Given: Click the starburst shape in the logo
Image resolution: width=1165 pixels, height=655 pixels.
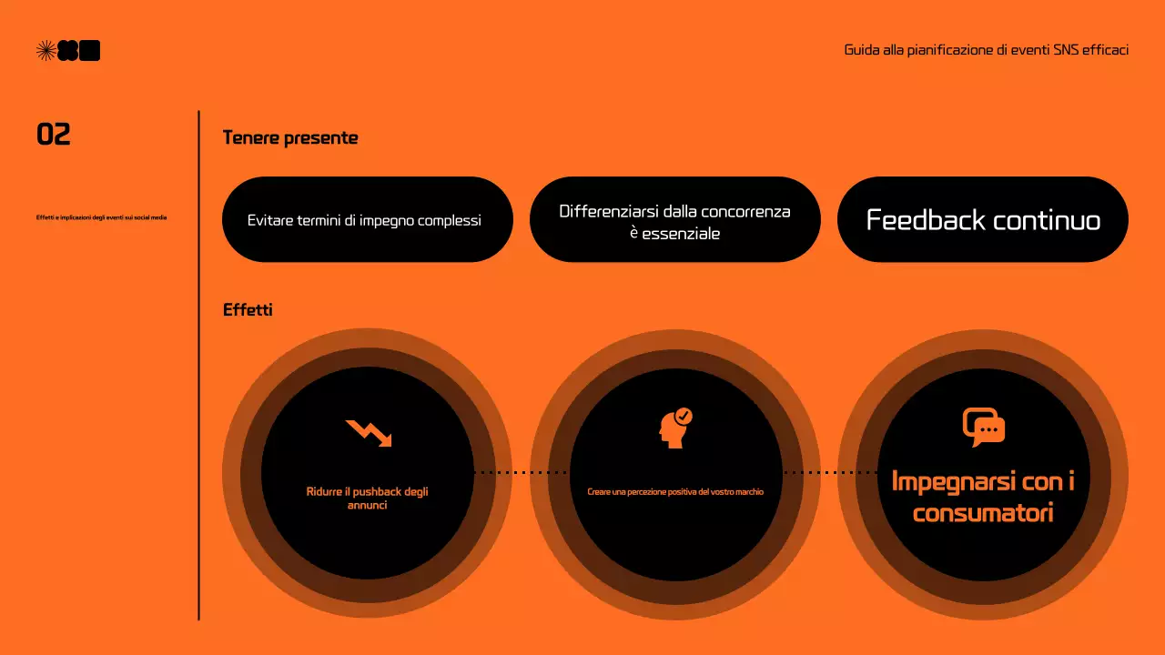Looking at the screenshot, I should click(x=46, y=51).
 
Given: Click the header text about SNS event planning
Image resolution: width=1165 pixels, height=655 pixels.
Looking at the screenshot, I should click(x=987, y=50).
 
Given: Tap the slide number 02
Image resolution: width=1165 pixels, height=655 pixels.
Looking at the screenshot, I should click(x=54, y=135).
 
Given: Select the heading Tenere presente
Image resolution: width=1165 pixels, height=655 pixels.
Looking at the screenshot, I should click(x=290, y=138).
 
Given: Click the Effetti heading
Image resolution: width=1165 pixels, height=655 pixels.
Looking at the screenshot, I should click(x=248, y=310).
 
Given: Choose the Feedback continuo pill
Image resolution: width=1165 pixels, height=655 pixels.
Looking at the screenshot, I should click(x=982, y=220).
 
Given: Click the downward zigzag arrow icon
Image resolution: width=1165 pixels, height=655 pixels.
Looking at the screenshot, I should click(x=369, y=433).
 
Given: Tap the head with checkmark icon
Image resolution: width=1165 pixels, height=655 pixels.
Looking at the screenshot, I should click(x=675, y=428).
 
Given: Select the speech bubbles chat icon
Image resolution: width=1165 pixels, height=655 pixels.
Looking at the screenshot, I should click(x=983, y=427).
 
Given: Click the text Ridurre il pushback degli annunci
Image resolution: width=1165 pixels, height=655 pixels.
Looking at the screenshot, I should click(x=367, y=498).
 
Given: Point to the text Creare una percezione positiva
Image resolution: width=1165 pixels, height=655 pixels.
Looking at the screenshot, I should click(x=675, y=492).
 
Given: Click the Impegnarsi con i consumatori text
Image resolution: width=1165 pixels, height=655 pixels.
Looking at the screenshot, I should click(x=983, y=497).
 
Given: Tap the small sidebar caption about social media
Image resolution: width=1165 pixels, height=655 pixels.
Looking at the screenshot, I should click(x=101, y=217).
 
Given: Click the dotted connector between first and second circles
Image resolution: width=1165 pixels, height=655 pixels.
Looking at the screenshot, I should click(x=521, y=473).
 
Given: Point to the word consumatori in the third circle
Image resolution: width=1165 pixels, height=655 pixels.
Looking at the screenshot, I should click(x=983, y=513).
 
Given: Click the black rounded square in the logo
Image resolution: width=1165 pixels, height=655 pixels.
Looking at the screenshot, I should click(x=89, y=51).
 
